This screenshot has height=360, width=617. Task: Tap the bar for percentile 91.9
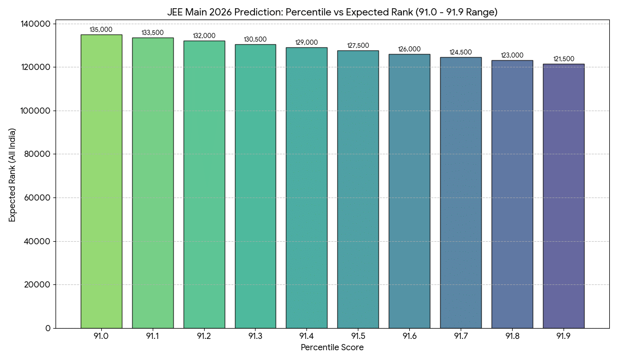click(x=563, y=196)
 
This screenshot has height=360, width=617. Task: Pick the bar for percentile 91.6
click(x=409, y=191)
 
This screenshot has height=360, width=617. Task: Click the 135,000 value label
click(x=101, y=30)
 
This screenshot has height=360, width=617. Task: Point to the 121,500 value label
click(x=564, y=59)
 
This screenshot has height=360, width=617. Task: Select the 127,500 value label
click(x=358, y=46)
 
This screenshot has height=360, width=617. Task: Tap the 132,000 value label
click(x=204, y=36)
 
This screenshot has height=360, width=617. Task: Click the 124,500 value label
click(x=461, y=52)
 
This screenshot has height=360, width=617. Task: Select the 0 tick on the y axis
click(x=48, y=328)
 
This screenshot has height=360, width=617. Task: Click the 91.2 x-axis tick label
click(x=204, y=336)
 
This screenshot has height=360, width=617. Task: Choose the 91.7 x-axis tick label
click(x=461, y=336)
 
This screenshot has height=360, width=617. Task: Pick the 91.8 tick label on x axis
click(x=512, y=336)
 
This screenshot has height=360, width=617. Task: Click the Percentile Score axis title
click(x=332, y=348)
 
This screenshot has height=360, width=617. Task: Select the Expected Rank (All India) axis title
click(x=12, y=176)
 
